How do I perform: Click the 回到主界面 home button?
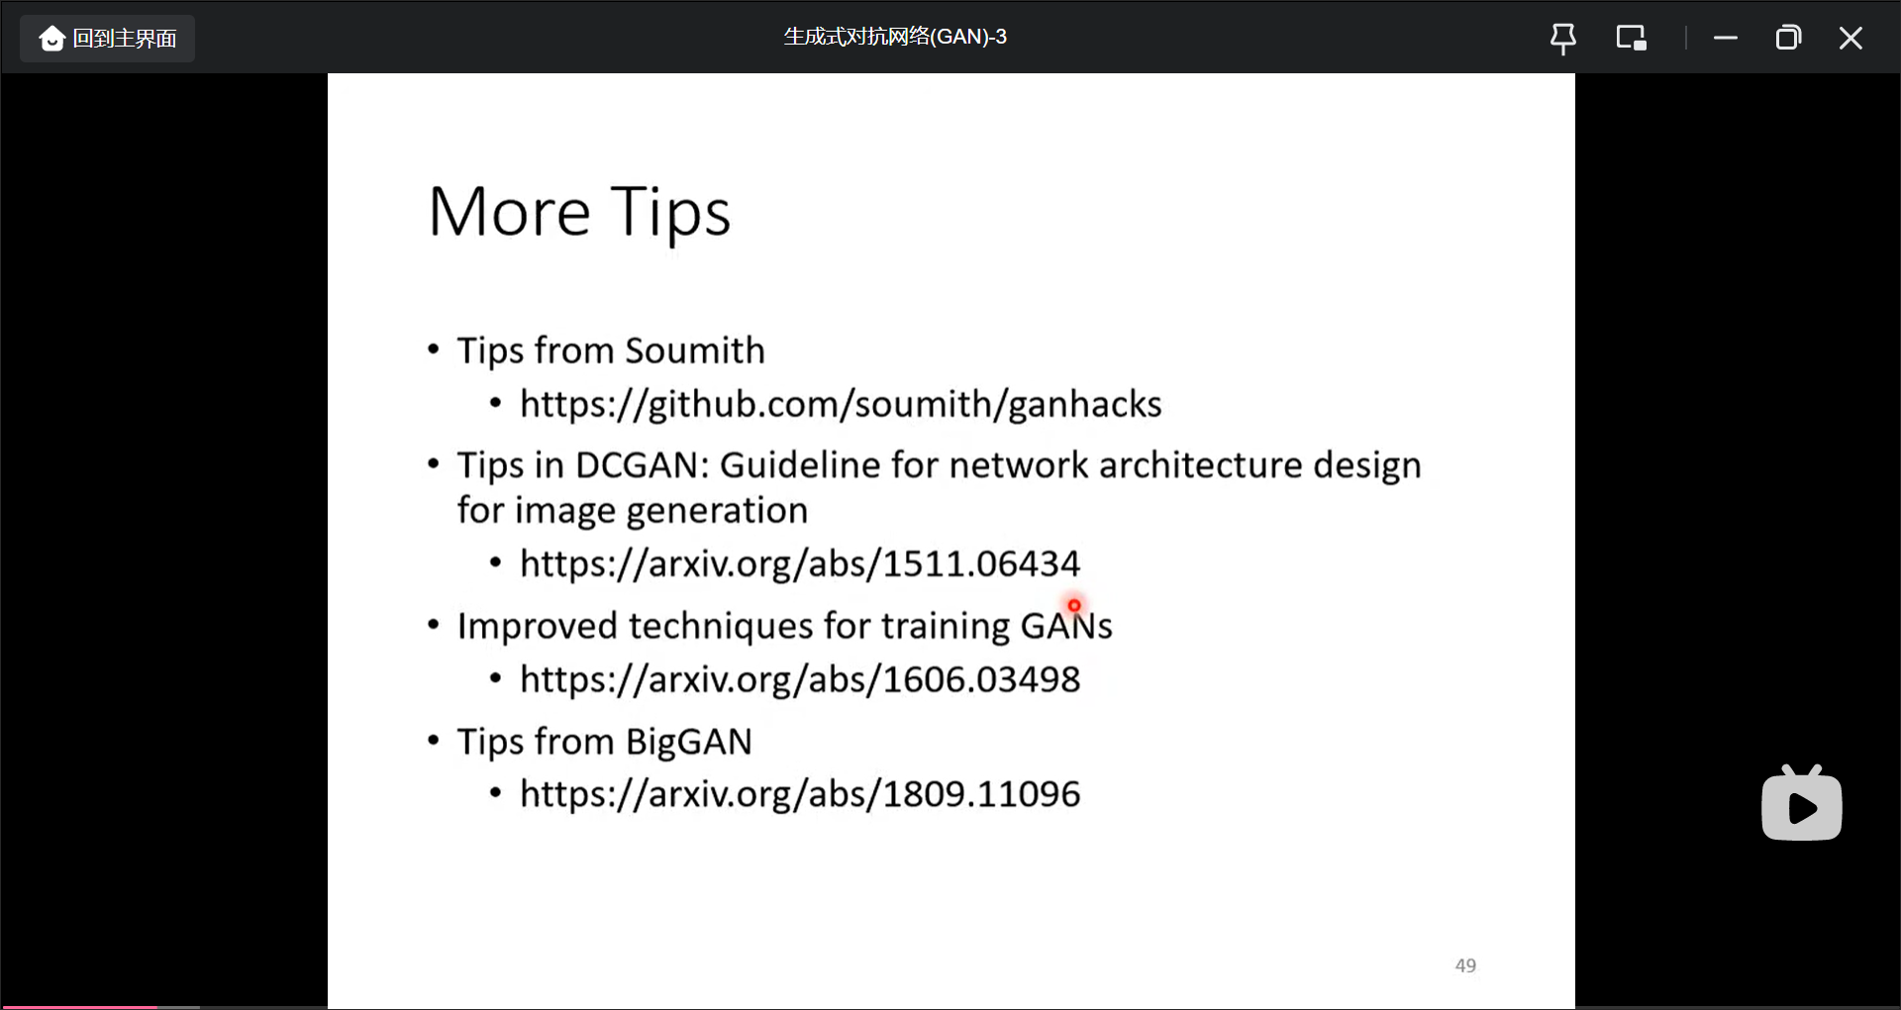107,39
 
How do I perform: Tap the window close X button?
1851,39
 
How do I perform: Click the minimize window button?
1726,39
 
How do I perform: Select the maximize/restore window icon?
1788,39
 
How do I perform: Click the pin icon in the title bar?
1563,39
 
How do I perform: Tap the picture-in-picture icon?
1631,39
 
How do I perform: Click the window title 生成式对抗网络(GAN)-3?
895,37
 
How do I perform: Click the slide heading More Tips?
580,213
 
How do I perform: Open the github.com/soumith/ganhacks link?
841,405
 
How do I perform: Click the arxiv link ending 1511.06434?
800,564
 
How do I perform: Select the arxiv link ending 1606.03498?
800,680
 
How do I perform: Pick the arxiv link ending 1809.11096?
800,794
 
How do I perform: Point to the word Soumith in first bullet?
695,351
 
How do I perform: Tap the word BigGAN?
689,743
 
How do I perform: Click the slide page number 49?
1465,965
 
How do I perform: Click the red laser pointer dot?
1074,605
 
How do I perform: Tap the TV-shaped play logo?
1802,803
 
